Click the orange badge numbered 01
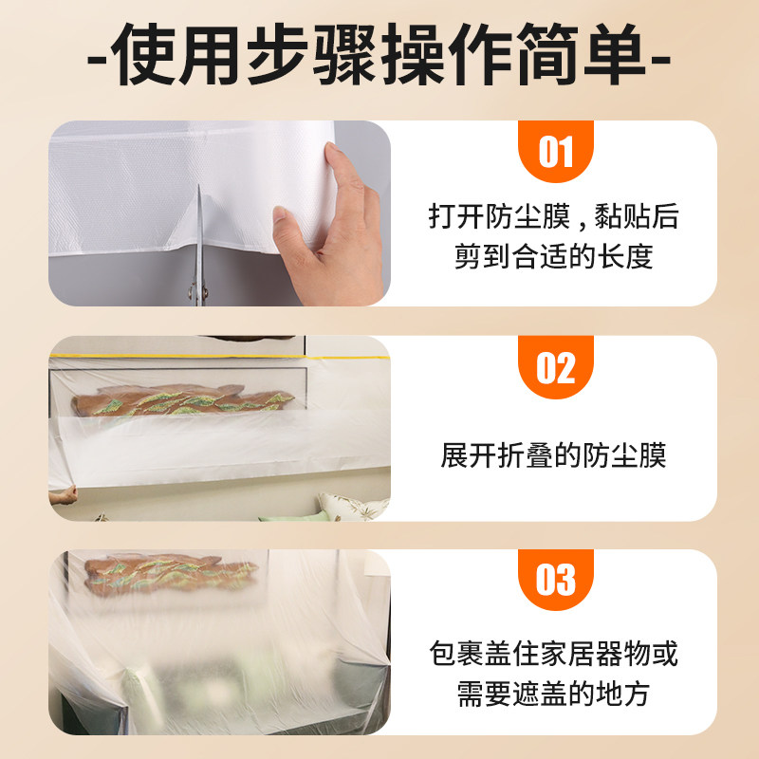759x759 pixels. [x=556, y=151]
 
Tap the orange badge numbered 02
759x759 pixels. [x=556, y=367]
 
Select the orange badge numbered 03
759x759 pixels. [x=556, y=580]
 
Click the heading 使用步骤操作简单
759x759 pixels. [x=379, y=54]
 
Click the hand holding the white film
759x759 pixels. [x=329, y=228]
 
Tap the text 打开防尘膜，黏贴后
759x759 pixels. [x=554, y=216]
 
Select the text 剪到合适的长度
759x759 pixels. [x=554, y=256]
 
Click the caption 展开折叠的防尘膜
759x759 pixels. [x=554, y=455]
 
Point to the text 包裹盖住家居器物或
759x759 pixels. [x=554, y=654]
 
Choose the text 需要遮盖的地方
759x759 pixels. [x=554, y=694]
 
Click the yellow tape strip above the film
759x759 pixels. [x=219, y=357]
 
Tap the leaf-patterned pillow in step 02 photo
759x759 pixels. [x=353, y=507]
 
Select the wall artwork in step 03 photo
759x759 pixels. [x=171, y=574]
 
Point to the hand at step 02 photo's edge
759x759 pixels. [x=63, y=495]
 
